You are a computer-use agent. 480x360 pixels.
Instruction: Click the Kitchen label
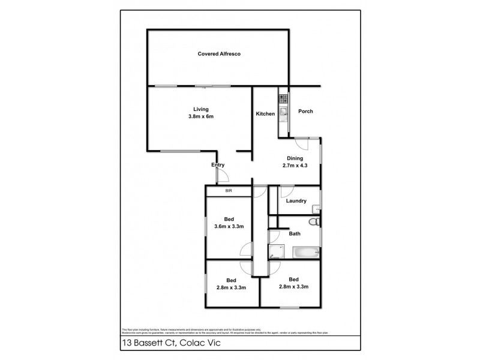[265, 114]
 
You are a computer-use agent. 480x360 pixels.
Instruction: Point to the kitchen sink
[282, 112]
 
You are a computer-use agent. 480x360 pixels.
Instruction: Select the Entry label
[218, 165]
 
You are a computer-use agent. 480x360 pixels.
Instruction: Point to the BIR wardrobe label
[229, 191]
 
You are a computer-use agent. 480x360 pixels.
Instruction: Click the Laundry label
[296, 201]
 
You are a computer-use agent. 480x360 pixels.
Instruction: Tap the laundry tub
[316, 208]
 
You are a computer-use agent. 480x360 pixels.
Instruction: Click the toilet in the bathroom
[314, 222]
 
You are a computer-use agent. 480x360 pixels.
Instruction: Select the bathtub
[304, 253]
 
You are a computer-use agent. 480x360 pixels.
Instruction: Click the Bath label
[295, 234]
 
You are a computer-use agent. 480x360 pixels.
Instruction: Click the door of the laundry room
[286, 193]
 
